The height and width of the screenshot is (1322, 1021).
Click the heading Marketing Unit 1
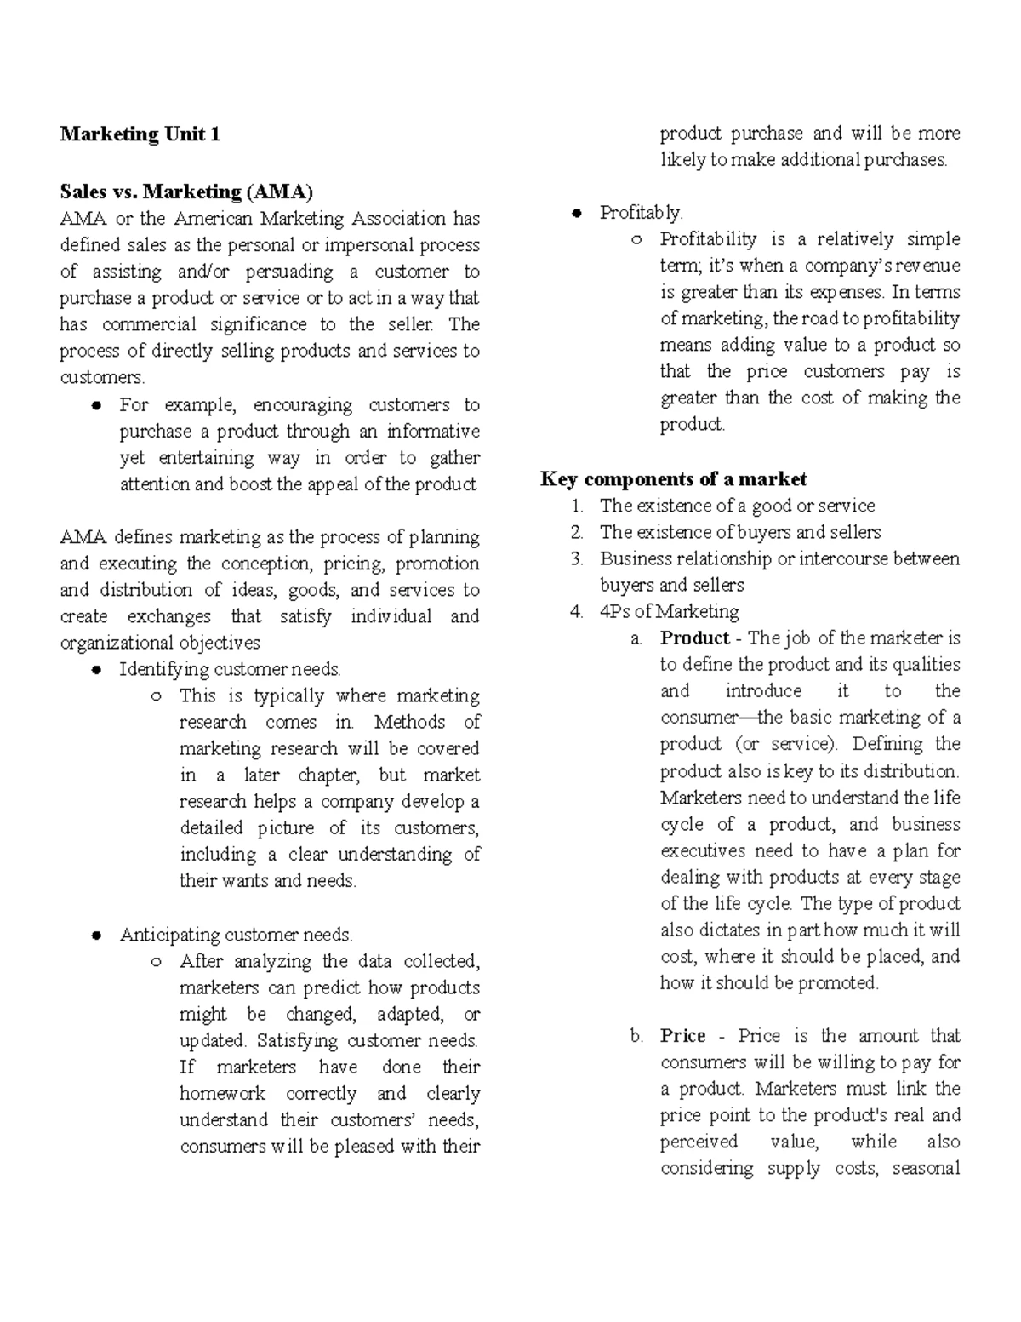(140, 134)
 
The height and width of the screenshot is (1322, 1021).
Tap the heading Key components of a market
(673, 478)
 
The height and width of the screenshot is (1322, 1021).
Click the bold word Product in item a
(694, 638)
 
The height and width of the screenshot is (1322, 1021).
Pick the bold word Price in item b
(682, 1036)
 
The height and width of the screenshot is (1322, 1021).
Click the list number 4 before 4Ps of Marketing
(577, 612)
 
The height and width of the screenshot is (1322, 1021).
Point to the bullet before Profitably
(577, 213)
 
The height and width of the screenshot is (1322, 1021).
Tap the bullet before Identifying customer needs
(97, 670)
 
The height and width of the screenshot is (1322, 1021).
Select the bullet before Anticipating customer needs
(97, 936)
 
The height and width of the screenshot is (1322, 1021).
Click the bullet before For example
(97, 405)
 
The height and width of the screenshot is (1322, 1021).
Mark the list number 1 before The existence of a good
(577, 506)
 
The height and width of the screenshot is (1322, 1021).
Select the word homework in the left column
(222, 1093)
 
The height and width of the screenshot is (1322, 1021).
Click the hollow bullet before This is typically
(157, 696)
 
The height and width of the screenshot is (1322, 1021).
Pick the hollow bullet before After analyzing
(157, 962)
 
